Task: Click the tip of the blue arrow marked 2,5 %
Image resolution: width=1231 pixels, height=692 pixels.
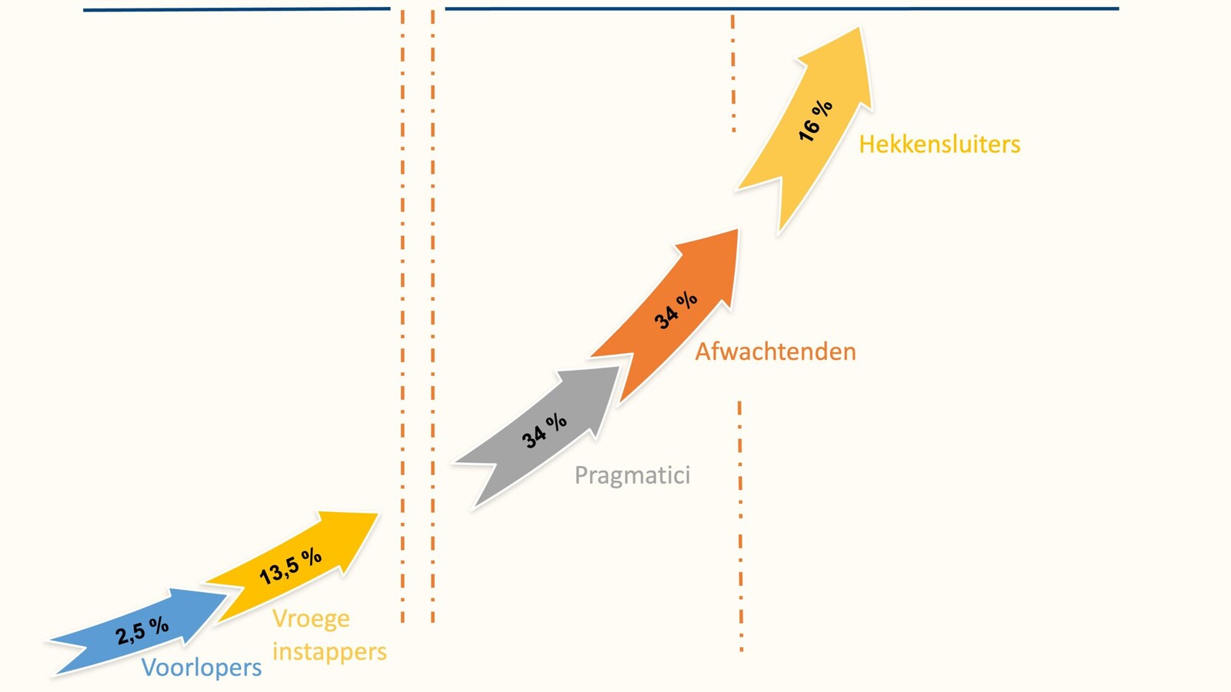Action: [x=226, y=594]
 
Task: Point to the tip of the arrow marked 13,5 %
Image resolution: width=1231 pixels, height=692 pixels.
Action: [x=378, y=514]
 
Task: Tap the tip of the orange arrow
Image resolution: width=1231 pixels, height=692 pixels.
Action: [x=738, y=230]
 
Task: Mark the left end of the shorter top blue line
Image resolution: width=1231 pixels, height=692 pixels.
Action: [x=84, y=10]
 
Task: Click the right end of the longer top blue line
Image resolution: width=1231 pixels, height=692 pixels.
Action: [x=1119, y=8]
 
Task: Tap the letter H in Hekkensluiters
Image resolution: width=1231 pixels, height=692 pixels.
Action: [x=866, y=145]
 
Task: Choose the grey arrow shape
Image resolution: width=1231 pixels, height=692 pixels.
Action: [x=542, y=434]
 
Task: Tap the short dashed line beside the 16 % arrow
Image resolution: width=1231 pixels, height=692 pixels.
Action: [x=733, y=74]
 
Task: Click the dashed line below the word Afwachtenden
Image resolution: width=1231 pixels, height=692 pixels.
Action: [x=740, y=526]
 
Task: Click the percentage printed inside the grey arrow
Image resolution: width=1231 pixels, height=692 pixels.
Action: [x=544, y=431]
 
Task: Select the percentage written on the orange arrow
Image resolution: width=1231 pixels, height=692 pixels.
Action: [x=676, y=311]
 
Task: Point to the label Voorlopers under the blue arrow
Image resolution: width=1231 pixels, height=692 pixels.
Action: [x=202, y=667]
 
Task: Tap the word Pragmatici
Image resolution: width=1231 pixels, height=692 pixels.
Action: [x=632, y=475]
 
